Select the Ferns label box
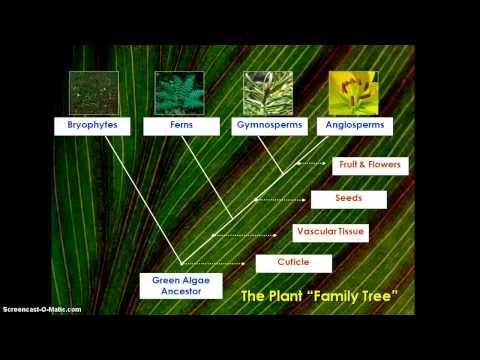click(x=180, y=126)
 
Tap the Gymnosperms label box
click(x=267, y=126)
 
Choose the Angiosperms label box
click(x=354, y=126)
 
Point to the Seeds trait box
click(x=348, y=199)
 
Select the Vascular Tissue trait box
click(x=331, y=232)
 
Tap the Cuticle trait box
click(x=293, y=263)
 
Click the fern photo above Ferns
click(x=180, y=92)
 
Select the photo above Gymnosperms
click(x=268, y=92)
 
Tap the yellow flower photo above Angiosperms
click(x=354, y=92)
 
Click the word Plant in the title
click(x=294, y=296)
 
